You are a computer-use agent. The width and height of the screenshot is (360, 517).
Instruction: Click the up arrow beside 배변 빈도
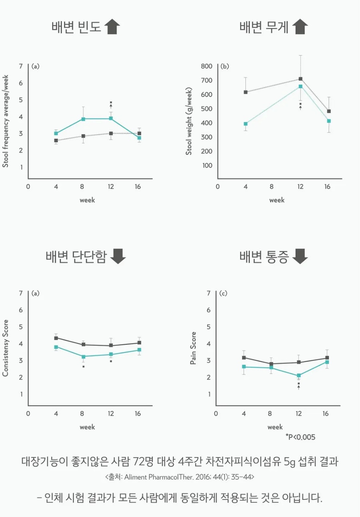[112, 27]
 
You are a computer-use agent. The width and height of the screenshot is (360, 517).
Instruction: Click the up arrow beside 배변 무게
[300, 27]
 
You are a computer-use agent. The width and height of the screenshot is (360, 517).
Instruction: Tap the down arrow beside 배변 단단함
[118, 256]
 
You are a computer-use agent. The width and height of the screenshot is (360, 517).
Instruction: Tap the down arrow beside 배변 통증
[300, 256]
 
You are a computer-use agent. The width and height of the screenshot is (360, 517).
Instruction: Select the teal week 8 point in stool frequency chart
[83, 119]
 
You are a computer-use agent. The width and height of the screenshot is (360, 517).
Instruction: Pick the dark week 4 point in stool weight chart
[246, 92]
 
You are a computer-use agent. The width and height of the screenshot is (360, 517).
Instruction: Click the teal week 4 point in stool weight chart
[246, 124]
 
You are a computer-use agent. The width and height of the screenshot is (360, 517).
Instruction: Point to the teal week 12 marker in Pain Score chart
[298, 375]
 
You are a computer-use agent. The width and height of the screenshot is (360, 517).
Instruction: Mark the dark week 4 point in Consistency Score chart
[56, 338]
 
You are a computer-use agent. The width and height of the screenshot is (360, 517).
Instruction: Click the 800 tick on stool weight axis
[206, 66]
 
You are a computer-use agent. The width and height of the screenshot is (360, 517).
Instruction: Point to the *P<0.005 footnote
[300, 437]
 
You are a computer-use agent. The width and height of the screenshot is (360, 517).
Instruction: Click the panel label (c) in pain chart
[224, 293]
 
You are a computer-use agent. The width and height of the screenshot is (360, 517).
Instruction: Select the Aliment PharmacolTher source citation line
[180, 477]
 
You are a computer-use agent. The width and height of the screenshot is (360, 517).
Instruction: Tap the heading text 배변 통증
[264, 256]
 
